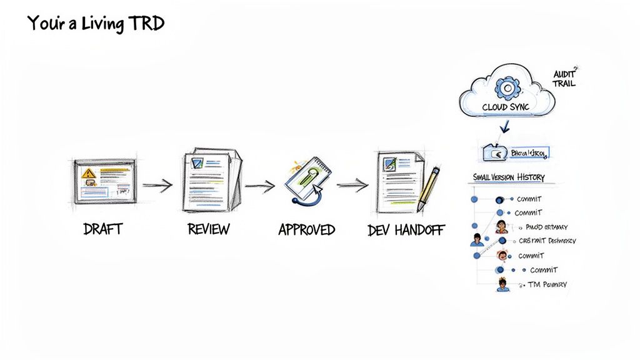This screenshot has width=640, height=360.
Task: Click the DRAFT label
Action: pyautogui.click(x=102, y=229)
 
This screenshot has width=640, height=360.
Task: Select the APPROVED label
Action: pyautogui.click(x=306, y=229)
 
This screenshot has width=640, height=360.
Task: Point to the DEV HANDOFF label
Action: pyautogui.click(x=406, y=230)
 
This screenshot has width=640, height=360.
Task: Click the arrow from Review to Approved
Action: pyautogui.click(x=259, y=185)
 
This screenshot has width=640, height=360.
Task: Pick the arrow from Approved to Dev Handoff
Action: pyautogui.click(x=353, y=184)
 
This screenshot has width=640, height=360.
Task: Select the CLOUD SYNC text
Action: pyautogui.click(x=506, y=107)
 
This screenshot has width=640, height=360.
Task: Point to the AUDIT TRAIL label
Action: pyautogui.click(x=564, y=78)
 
